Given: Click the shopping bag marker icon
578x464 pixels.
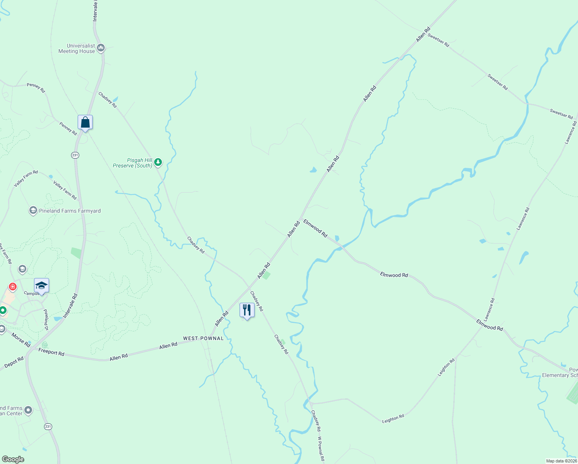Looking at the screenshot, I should (x=85, y=123).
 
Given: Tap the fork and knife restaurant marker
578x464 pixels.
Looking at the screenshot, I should (x=247, y=310).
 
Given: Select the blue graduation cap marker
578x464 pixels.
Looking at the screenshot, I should (x=41, y=286).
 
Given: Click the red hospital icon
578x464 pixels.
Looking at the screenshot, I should (x=13, y=287).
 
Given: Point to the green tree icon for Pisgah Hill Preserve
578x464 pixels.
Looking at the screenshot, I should (x=158, y=162).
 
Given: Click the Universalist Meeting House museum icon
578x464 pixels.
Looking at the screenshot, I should (x=101, y=48).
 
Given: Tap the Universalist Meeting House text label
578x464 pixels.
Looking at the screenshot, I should (x=76, y=48).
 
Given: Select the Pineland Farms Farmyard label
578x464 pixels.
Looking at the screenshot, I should (x=70, y=211).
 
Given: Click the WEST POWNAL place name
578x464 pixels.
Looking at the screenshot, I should (x=203, y=338).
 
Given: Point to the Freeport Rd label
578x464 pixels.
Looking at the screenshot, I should (x=51, y=352).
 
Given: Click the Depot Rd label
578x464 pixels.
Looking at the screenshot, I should (x=14, y=362).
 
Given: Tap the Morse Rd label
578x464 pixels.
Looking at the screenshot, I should (x=20, y=339).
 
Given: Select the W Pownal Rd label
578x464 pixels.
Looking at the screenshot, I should (x=321, y=449).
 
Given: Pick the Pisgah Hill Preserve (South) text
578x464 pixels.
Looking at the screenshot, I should (x=133, y=163).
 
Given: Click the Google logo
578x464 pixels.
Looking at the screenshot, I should (x=13, y=459).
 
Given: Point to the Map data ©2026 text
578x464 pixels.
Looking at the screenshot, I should (x=561, y=461).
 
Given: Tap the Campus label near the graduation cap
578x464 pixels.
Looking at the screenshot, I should (x=31, y=293).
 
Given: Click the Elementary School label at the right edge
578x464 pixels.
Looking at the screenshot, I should (x=559, y=375).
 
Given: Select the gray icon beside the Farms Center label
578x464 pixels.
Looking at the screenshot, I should (x=28, y=410).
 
